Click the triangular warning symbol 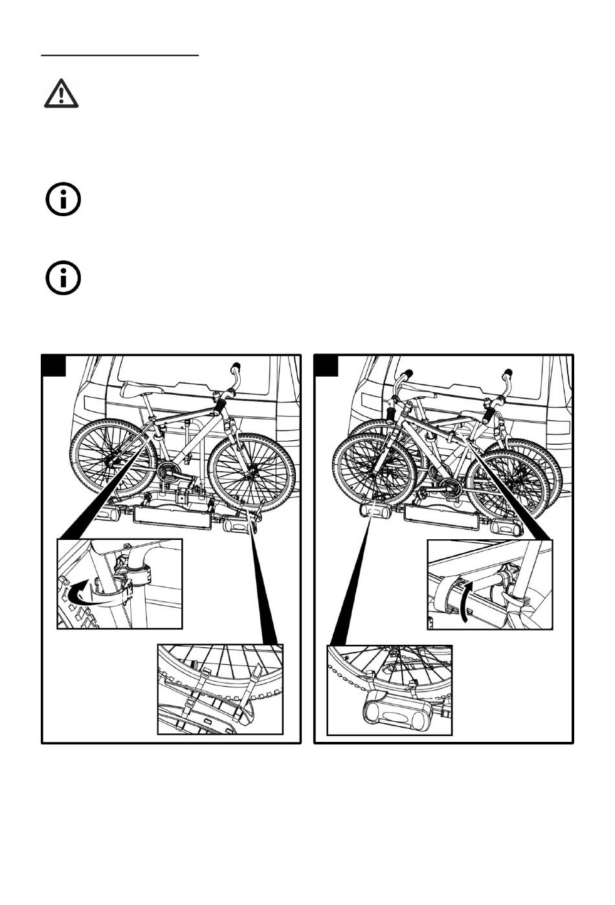pyautogui.click(x=61, y=94)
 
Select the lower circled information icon pyautogui.click(x=63, y=279)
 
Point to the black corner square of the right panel pyautogui.click(x=326, y=366)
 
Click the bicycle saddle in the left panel pyautogui.click(x=140, y=388)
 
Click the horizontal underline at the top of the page pyautogui.click(x=120, y=56)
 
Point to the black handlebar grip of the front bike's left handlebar pyautogui.click(x=392, y=412)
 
